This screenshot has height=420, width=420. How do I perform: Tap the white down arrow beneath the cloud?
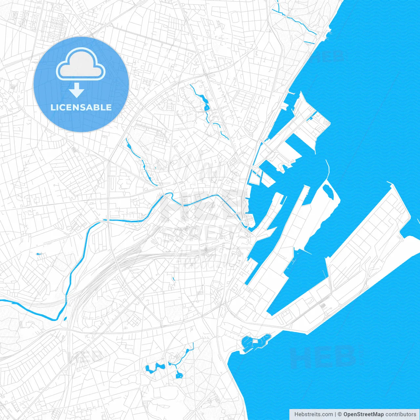pyautogui.click(x=76, y=90)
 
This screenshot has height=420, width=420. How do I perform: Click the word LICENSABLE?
pyautogui.click(x=81, y=107)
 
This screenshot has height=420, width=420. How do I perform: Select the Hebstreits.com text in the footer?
pyautogui.click(x=313, y=414)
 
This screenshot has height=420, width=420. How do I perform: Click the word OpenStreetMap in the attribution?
pyautogui.click(x=364, y=414)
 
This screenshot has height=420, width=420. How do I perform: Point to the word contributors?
pyautogui.click(x=401, y=414)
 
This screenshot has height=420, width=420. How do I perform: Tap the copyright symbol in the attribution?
pyautogui.click(x=340, y=414)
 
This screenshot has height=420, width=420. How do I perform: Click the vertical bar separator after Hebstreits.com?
pyautogui.click(x=335, y=414)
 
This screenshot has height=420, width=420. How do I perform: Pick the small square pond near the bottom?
pyautogui.click(x=179, y=374)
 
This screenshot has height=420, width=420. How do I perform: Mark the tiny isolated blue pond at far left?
pyautogui.click(x=39, y=254)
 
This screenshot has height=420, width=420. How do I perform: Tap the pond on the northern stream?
pyautogui.click(x=206, y=107)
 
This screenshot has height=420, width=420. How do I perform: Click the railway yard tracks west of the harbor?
pyautogui.click(x=131, y=259)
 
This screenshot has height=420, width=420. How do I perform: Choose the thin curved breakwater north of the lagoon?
pyautogui.click(x=327, y=171)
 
